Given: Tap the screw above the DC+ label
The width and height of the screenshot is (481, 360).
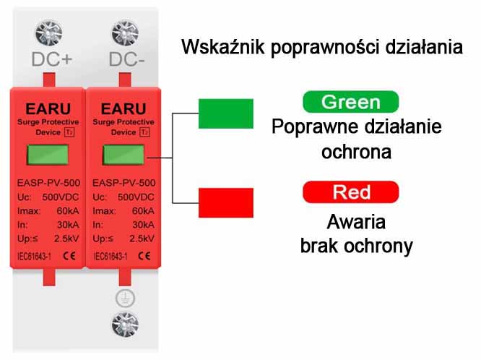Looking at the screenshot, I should click(47, 32).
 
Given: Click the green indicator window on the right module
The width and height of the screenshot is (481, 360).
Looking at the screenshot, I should click(121, 155).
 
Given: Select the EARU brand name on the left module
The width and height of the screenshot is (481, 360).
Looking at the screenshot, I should click(45, 110).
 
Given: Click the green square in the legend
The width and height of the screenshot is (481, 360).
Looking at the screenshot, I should click(226, 114).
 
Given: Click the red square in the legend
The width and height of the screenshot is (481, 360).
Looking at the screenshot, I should click(226, 201).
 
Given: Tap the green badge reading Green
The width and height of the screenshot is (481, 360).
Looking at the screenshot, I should click(351, 101).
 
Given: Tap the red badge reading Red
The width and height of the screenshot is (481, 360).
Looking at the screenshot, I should click(351, 192).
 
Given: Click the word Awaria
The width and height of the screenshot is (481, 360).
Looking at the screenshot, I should click(356, 221).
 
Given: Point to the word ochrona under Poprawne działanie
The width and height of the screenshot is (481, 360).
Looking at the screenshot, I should click(356, 153).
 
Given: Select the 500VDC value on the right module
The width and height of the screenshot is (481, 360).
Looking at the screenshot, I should click(135, 197).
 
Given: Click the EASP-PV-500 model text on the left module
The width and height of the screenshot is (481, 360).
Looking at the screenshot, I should click(46, 184).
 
